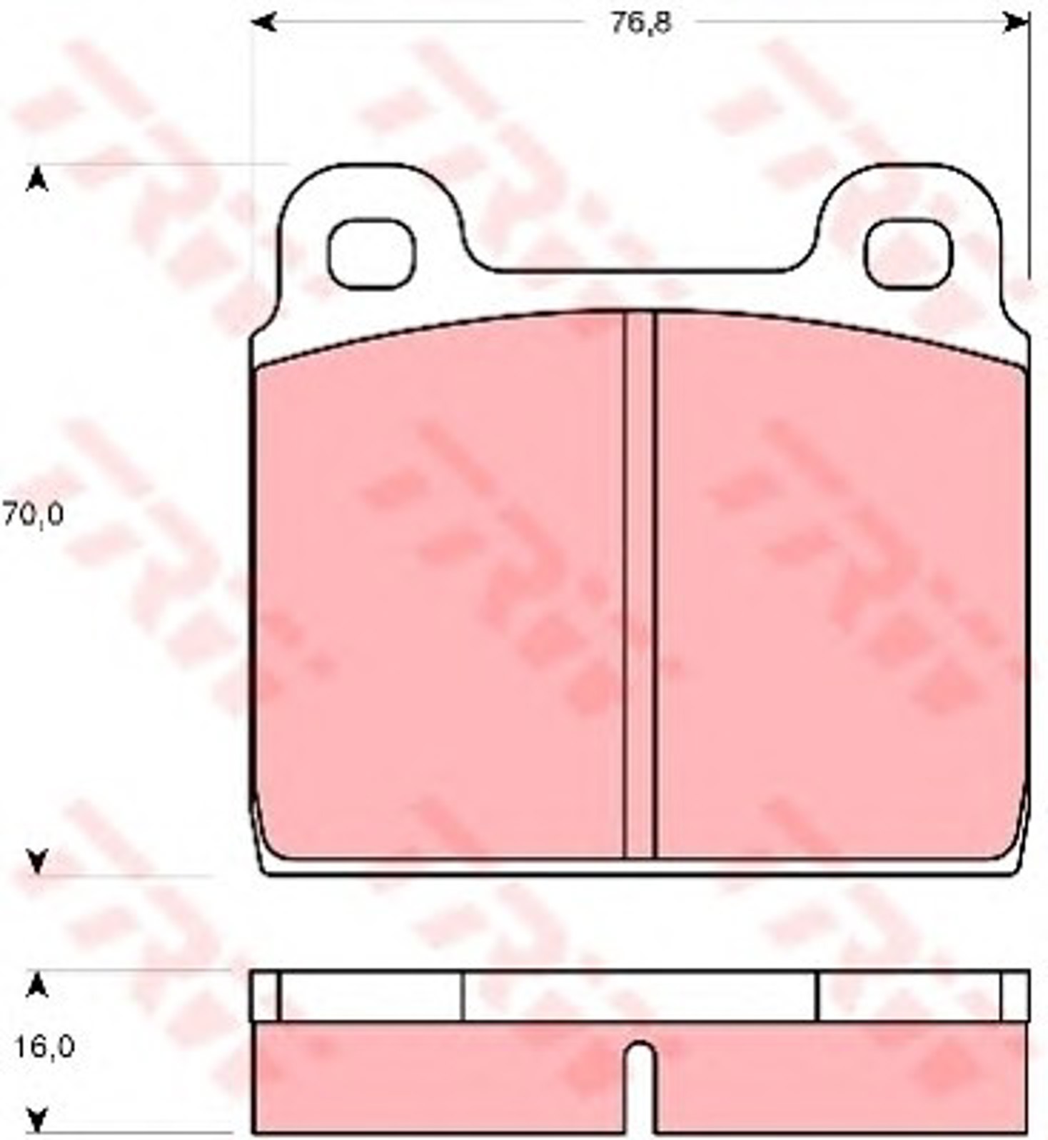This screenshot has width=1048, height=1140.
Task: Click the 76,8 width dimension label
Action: click(640, 24)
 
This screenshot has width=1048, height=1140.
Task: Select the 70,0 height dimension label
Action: click(33, 514)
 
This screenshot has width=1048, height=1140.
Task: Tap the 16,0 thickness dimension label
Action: click(44, 1047)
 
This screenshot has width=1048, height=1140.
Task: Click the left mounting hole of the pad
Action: click(372, 254)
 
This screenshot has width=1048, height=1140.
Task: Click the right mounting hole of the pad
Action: click(908, 254)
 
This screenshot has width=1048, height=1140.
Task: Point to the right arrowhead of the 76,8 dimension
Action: click(1017, 23)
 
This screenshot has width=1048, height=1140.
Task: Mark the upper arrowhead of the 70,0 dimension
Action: click(37, 179)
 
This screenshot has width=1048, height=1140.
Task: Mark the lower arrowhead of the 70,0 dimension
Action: click(37, 862)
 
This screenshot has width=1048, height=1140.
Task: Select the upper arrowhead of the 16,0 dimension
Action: click(37, 986)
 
